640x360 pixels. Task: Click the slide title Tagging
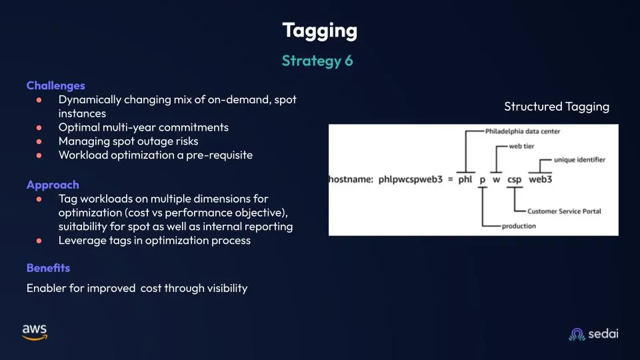coord(319,31)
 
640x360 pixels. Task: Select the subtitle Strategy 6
coord(317,61)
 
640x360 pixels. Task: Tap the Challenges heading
coord(55,86)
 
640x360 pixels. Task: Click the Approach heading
coord(53,185)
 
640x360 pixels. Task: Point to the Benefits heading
coord(48,268)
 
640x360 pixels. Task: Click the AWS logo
coord(35,332)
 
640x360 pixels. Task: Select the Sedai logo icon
coord(577,334)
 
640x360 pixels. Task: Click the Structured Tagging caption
coord(556,107)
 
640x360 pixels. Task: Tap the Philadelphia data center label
coord(523,131)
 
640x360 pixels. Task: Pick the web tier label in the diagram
coord(521,146)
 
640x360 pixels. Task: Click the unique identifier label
coord(579,159)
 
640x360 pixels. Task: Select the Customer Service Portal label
coord(564,211)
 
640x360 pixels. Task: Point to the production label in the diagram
coord(519,226)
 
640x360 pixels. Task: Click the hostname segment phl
coord(465,179)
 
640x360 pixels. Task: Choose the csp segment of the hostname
coord(514,179)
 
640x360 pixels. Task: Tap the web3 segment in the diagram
coord(541,179)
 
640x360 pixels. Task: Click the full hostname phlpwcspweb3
coord(410,179)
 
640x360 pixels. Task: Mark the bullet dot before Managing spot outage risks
coord(39,141)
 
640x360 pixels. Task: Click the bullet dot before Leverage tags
coord(39,241)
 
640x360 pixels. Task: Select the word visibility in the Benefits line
coord(227,288)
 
